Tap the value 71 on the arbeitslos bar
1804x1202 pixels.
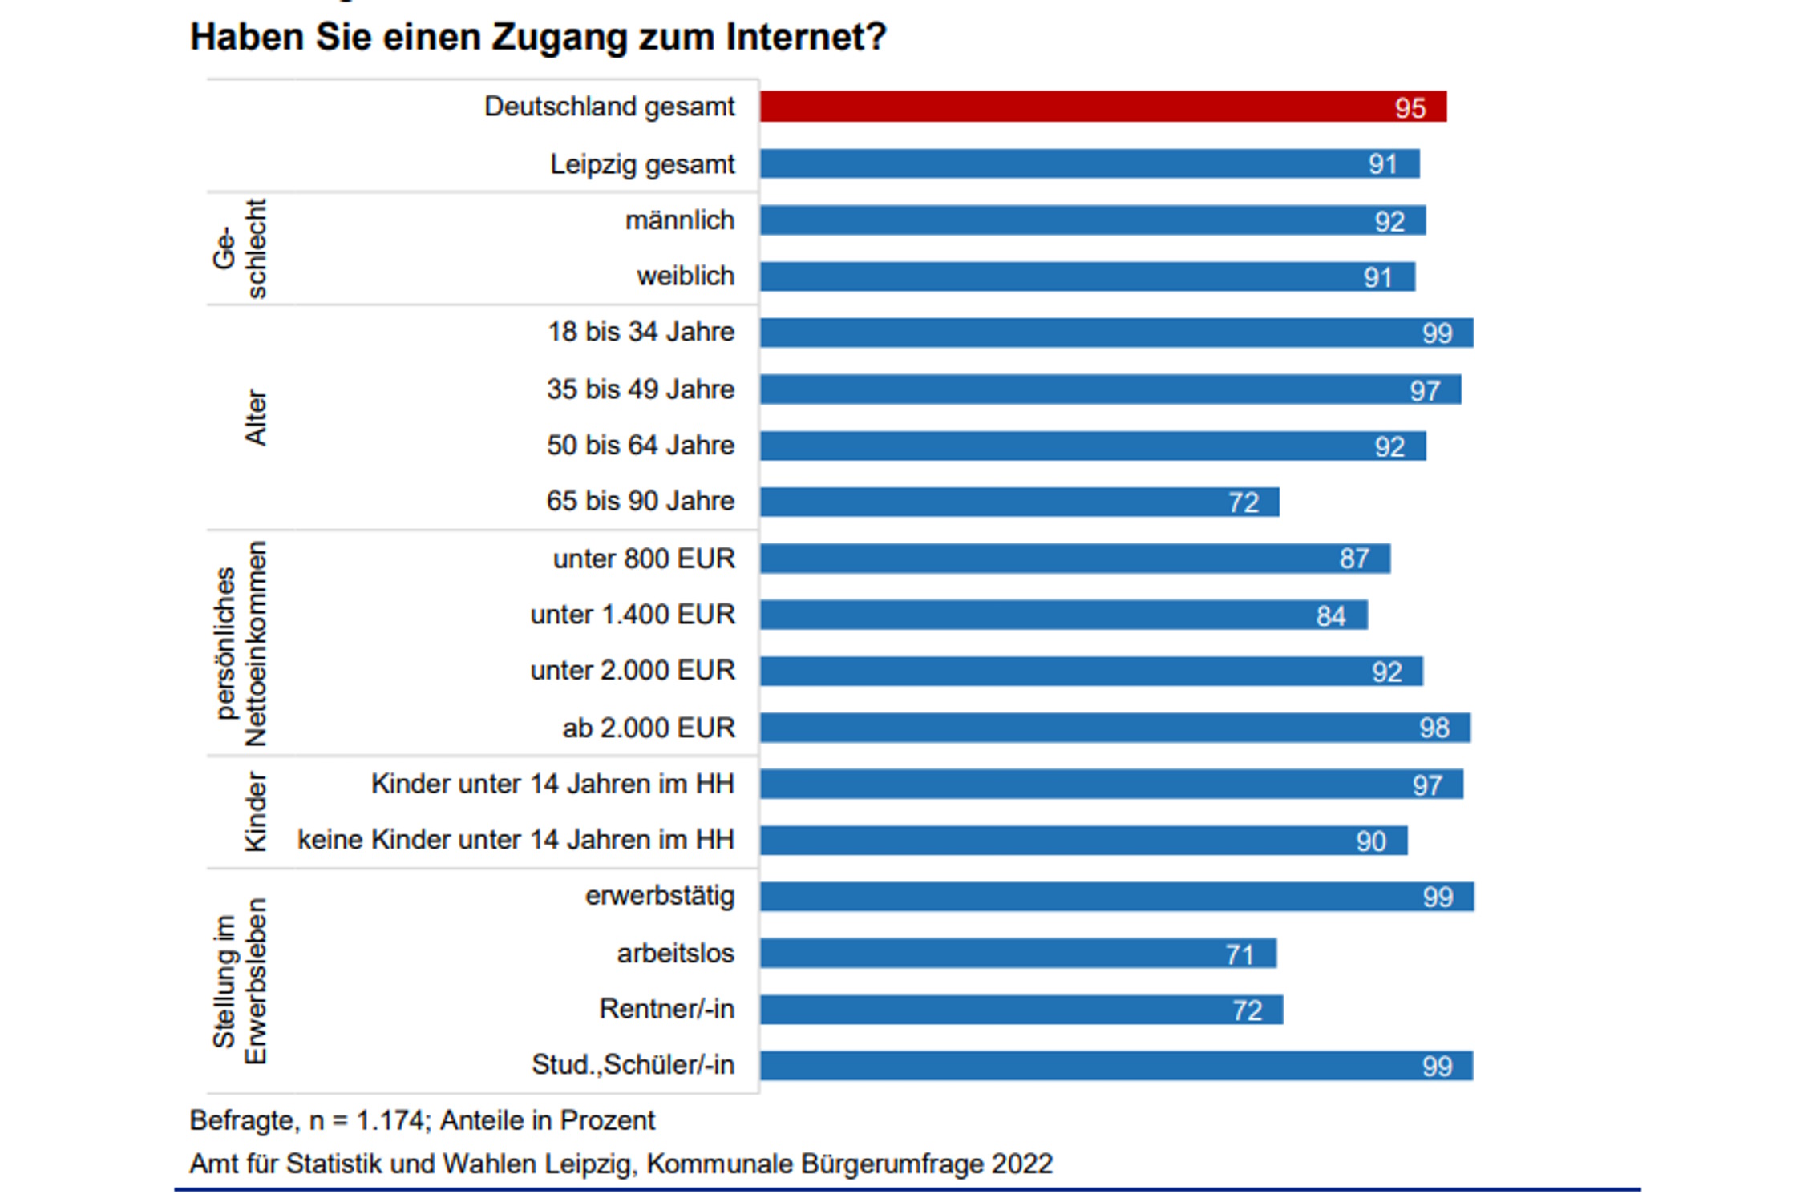(1240, 954)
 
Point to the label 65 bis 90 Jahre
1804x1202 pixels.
(640, 502)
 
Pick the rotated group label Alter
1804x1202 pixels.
(255, 417)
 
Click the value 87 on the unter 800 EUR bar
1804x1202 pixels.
(1354, 559)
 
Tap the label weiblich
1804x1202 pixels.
(686, 276)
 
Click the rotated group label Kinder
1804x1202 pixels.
(255, 812)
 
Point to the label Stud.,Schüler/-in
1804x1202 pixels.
(633, 1065)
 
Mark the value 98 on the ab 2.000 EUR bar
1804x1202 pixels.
(1434, 728)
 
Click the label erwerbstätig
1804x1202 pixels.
(659, 896)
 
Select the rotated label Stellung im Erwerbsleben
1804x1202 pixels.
(239, 981)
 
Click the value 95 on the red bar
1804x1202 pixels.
(1410, 108)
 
